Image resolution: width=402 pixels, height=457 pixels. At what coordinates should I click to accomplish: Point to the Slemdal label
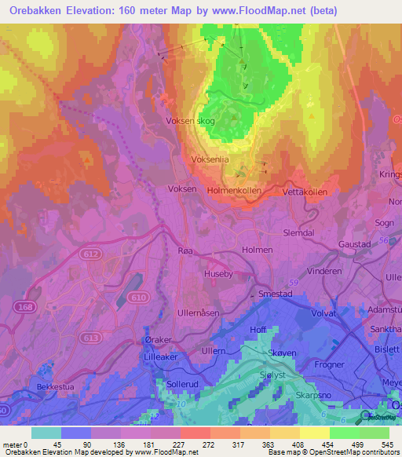tap(298, 233)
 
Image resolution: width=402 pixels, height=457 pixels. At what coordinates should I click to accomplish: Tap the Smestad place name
tap(276, 295)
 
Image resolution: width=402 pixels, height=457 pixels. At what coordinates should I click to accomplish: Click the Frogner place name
tap(328, 365)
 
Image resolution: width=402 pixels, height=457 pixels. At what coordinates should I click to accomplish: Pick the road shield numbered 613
tap(91, 315)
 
